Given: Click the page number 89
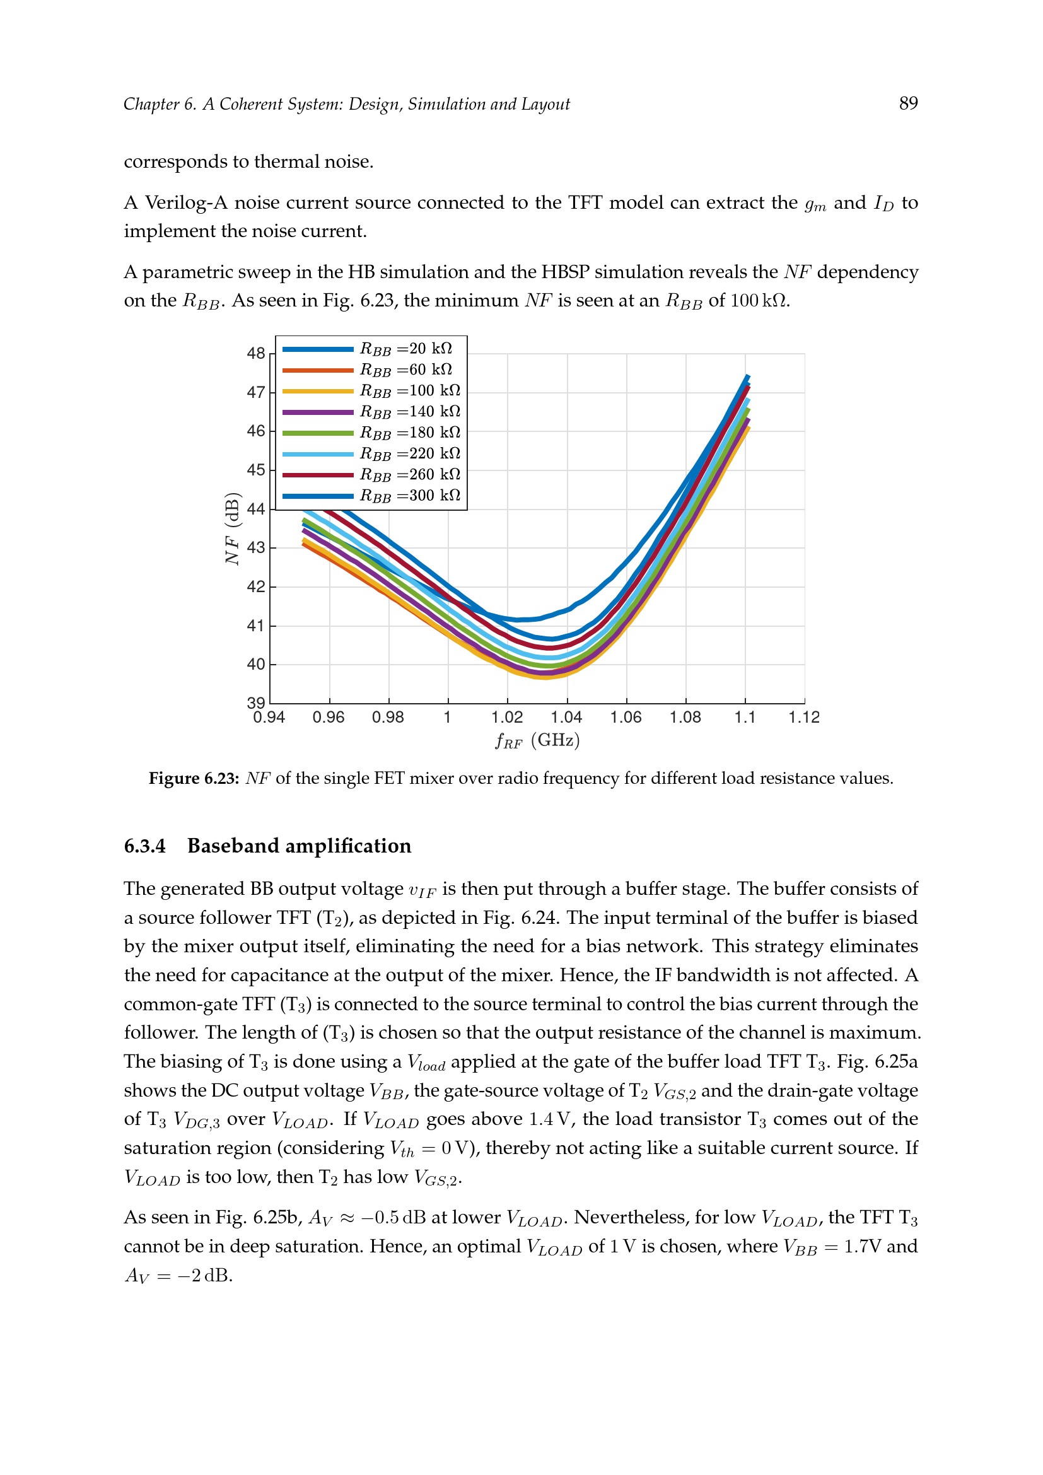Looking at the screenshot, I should coord(908,103).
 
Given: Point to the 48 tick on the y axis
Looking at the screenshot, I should coord(255,353).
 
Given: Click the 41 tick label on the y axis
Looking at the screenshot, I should coord(255,626).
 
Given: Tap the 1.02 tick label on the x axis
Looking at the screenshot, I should coord(507,718).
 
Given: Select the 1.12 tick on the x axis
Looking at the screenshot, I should coord(804,718).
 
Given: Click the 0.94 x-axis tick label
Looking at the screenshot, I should coord(269,718).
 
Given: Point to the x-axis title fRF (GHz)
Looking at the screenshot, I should coord(537,741).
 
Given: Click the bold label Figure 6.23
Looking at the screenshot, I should coord(194,779).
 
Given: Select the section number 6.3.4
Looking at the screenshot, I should coord(144,846).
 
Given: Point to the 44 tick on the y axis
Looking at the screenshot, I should coord(255,510).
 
